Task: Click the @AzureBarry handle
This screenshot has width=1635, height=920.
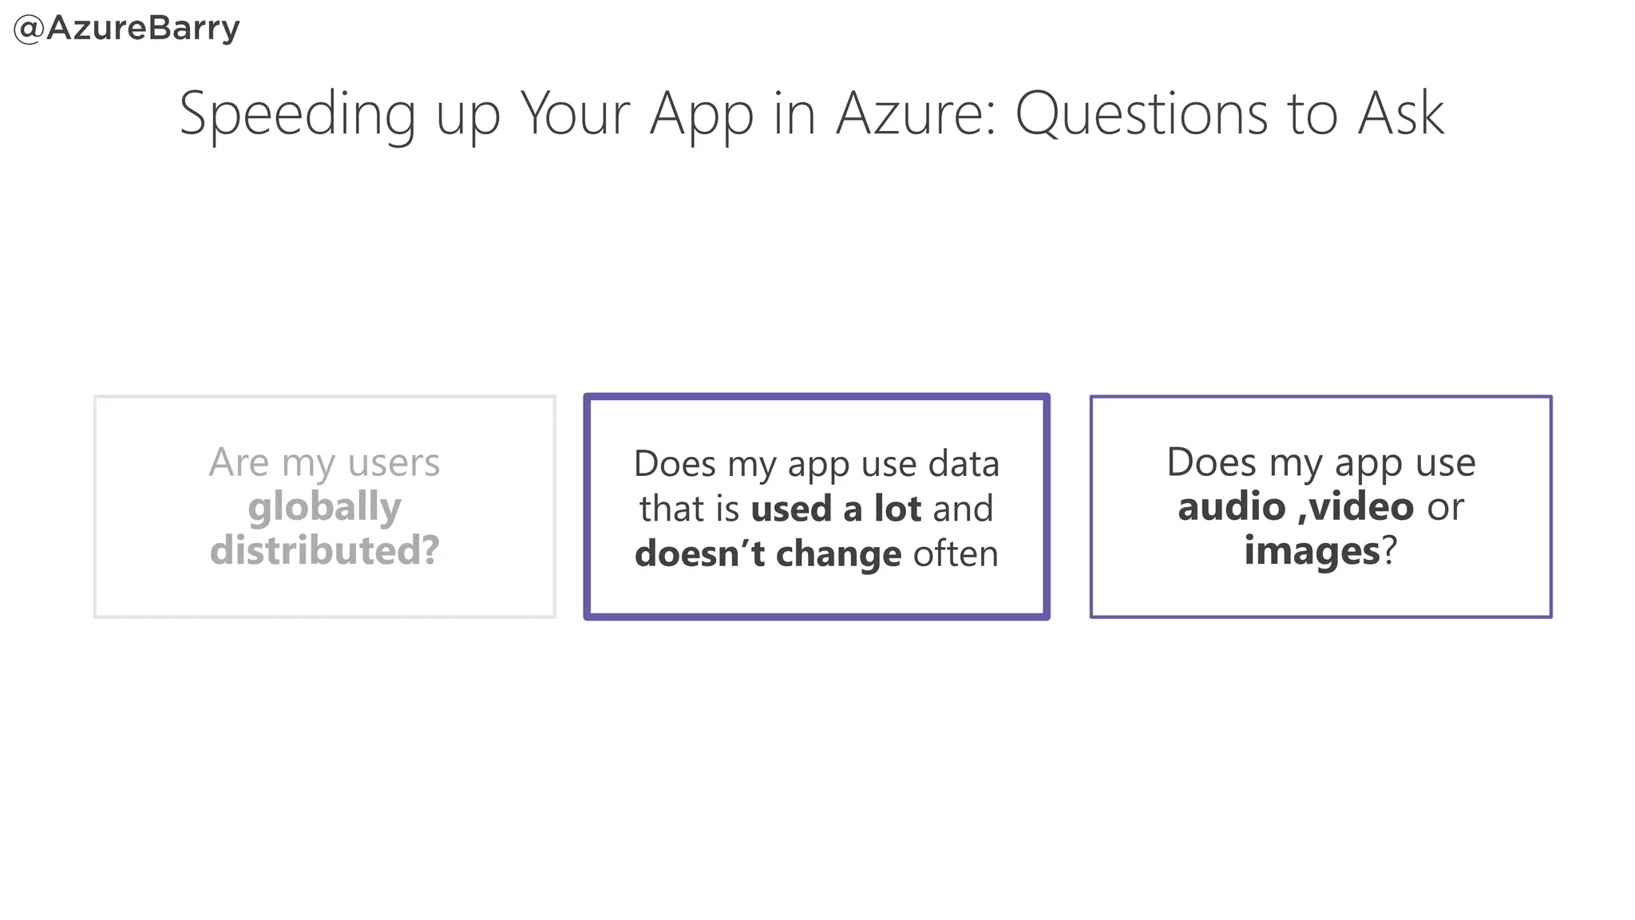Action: pos(127,29)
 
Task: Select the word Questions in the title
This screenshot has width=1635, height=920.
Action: pos(1142,114)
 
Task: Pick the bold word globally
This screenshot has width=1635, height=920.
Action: pos(324,508)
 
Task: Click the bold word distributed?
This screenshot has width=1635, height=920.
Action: pos(324,550)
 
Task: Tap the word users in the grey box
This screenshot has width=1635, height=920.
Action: pos(394,462)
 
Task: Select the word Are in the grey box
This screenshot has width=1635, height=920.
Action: pos(239,462)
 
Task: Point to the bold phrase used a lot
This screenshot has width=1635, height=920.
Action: pos(836,509)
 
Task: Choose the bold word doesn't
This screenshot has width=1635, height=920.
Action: pos(700,553)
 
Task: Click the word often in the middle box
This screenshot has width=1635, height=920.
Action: pos(956,553)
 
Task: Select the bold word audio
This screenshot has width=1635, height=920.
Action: pos(1231,507)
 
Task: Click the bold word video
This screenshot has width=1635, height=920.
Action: pos(1362,507)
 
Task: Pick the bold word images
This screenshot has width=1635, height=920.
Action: pos(1312,552)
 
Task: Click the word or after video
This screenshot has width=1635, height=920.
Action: pos(1446,507)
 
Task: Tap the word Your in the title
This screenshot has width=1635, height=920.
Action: pos(575,114)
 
